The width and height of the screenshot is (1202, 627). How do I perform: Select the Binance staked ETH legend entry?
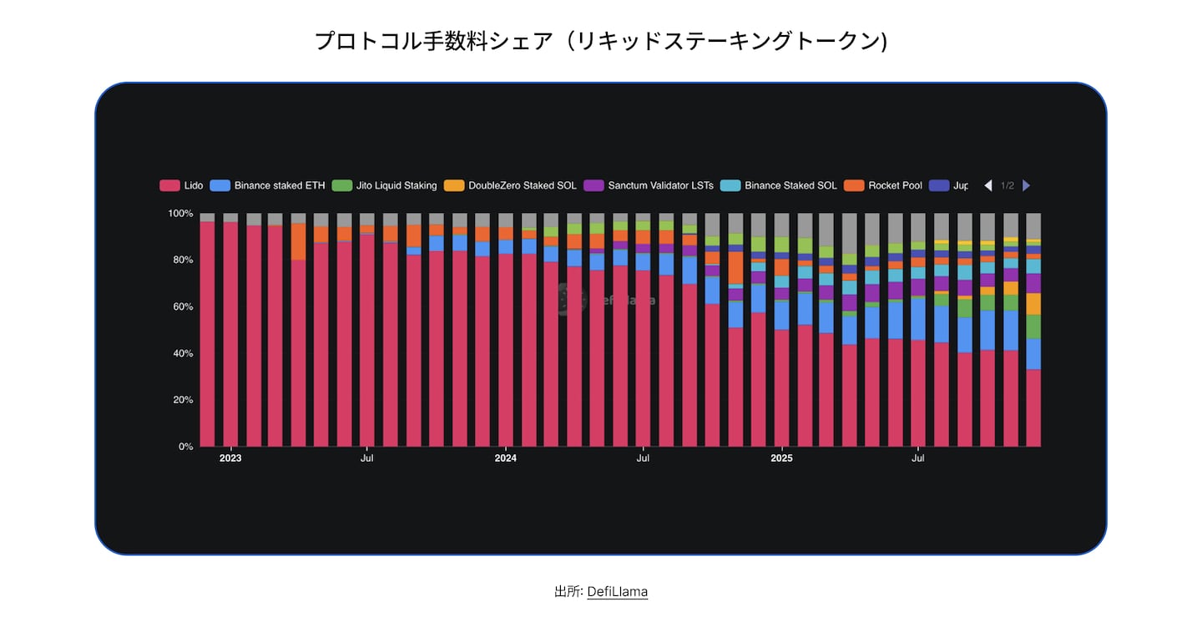pyautogui.click(x=268, y=185)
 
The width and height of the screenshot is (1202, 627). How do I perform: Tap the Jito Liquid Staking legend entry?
pyautogui.click(x=385, y=185)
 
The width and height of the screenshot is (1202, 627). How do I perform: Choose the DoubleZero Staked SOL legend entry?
pyautogui.click(x=512, y=185)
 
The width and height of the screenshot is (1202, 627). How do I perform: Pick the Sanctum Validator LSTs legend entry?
pyautogui.click(x=650, y=185)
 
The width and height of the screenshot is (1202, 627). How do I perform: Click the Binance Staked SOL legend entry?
pyautogui.click(x=780, y=185)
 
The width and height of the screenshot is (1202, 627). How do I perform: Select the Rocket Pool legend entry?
pyautogui.click(x=884, y=185)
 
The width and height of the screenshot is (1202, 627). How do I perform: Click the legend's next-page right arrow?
pyautogui.click(x=1027, y=185)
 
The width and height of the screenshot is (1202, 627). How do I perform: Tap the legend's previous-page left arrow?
pyautogui.click(x=988, y=185)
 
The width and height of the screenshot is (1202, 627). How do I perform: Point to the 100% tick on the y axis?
pyautogui.click(x=180, y=214)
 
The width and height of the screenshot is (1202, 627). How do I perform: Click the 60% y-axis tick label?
pyautogui.click(x=182, y=306)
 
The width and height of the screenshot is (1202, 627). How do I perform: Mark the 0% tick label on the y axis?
pyautogui.click(x=185, y=447)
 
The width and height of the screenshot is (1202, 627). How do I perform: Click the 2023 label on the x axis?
pyautogui.click(x=230, y=458)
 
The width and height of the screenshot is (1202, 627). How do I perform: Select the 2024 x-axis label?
pyautogui.click(x=506, y=458)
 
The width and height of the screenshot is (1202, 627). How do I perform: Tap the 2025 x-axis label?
pyautogui.click(x=781, y=458)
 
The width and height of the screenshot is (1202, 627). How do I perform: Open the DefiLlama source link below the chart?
pyautogui.click(x=617, y=592)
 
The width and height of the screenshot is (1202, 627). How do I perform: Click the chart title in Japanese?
pyautogui.click(x=600, y=41)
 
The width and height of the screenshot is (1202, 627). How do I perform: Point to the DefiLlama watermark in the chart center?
pyautogui.click(x=607, y=300)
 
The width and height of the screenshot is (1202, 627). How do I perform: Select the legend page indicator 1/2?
pyautogui.click(x=1008, y=185)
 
